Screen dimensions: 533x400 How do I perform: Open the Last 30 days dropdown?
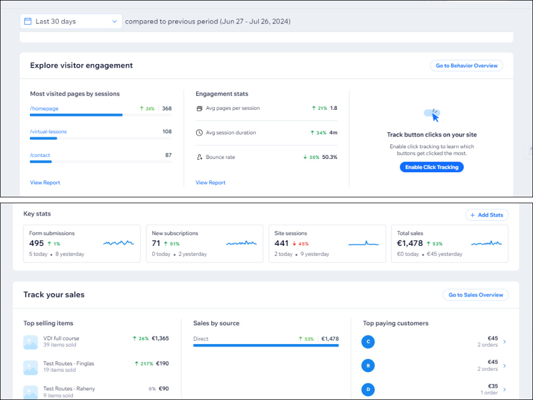click(x=71, y=21)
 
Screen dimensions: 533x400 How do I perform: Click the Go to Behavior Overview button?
click(x=466, y=66)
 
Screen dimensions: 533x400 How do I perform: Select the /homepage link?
click(x=44, y=108)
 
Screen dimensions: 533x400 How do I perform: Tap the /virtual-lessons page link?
click(x=49, y=132)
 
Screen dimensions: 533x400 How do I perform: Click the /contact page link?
click(x=40, y=155)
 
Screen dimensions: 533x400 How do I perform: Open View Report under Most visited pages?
click(x=45, y=182)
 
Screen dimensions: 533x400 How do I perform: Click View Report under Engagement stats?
click(x=211, y=182)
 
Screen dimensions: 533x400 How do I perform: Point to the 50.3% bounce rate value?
click(x=330, y=157)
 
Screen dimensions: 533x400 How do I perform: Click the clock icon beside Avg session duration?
click(x=199, y=133)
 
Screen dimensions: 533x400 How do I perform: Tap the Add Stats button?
click(x=487, y=215)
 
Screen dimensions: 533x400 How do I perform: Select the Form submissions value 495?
click(x=36, y=243)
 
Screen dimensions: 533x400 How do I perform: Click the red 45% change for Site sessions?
click(x=301, y=244)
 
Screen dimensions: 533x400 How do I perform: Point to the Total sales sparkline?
click(x=487, y=243)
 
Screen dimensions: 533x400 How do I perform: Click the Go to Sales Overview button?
click(x=475, y=295)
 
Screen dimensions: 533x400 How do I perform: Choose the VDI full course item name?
click(x=61, y=339)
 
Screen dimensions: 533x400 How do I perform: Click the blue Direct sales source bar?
click(x=266, y=346)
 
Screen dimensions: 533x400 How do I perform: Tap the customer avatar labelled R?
click(x=368, y=366)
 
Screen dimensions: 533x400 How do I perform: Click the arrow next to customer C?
click(x=504, y=341)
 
